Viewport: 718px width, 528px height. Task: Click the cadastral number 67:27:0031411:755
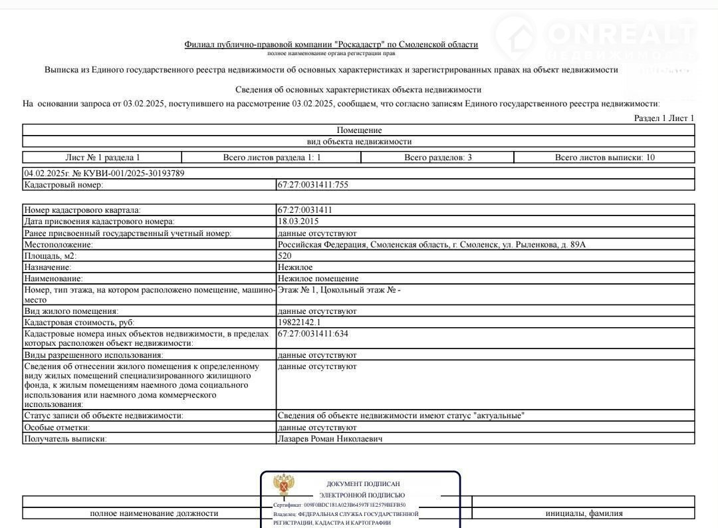click(312, 185)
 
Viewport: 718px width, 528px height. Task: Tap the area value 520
click(284, 255)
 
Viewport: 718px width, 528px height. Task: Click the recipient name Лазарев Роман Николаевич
click(330, 439)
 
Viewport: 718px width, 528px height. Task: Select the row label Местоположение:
click(59, 245)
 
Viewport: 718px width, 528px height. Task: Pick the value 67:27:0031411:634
click(312, 334)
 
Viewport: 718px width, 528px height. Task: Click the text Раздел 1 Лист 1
click(663, 118)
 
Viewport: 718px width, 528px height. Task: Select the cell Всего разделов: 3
click(437, 158)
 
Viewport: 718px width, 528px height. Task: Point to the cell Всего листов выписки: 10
click(604, 158)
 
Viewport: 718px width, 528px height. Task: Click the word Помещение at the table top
click(359, 130)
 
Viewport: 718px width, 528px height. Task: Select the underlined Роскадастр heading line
click(331, 45)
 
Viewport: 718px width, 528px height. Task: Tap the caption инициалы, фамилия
click(584, 513)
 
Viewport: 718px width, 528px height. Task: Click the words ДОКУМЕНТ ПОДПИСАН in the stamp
click(363, 484)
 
